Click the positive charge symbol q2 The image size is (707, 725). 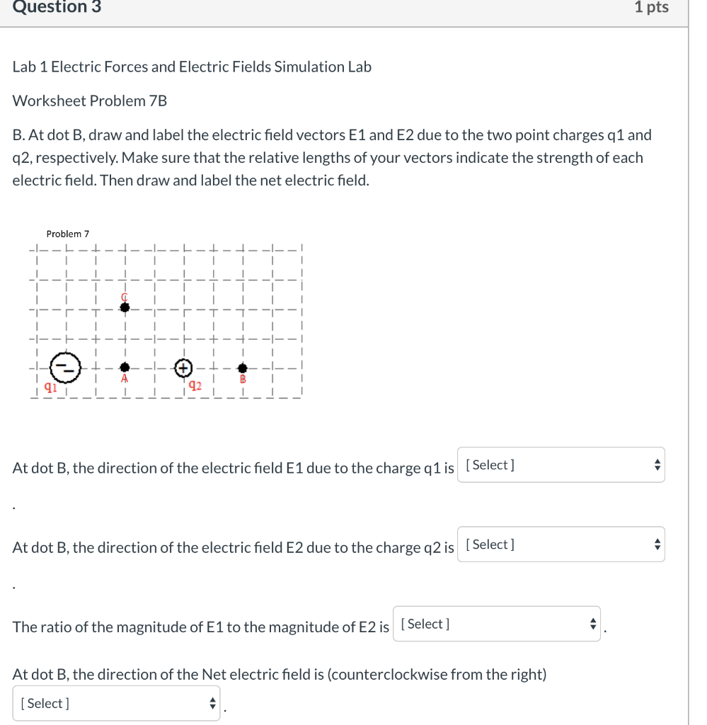pos(183,367)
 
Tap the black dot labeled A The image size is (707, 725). pos(125,367)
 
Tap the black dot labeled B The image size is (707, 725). pos(243,368)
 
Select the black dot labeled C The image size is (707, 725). pos(125,307)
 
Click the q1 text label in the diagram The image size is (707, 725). pos(50,387)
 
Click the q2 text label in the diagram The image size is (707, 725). pos(195,386)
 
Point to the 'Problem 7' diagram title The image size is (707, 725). pos(68,234)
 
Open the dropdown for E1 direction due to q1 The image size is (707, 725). pos(561,465)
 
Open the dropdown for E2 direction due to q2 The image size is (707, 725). pos(561,544)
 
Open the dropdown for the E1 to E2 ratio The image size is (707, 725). pos(496,624)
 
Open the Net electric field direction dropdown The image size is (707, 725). pos(117,703)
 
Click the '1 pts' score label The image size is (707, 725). pos(651,8)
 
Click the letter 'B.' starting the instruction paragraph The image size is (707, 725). pos(19,135)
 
